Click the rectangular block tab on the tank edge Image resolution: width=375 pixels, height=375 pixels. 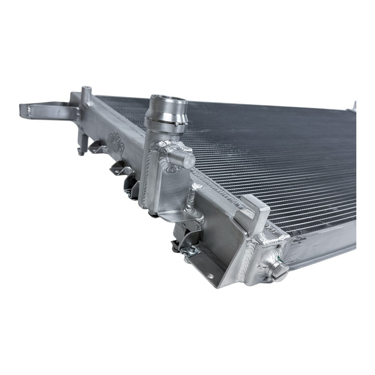click(256, 211)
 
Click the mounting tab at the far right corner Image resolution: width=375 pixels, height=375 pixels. click(353, 106)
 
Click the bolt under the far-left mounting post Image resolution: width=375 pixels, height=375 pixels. click(80, 152)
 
